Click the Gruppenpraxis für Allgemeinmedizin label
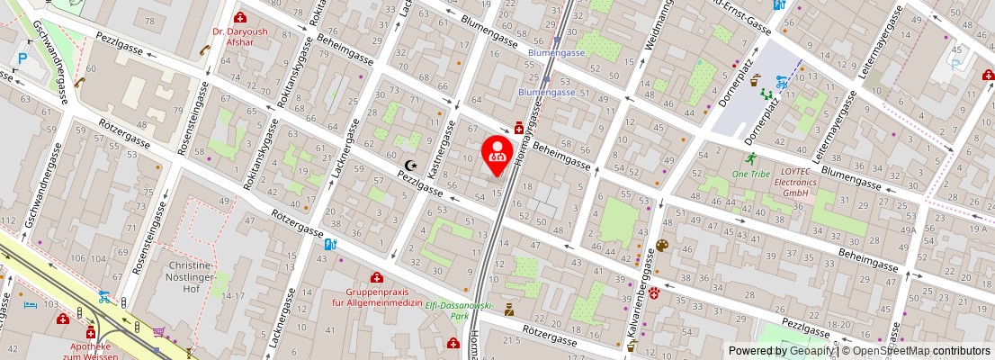(378, 297)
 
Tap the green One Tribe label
(749, 173)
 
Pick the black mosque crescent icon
(411, 166)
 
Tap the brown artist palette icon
(662, 246)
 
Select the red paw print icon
(655, 292)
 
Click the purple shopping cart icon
(160, 332)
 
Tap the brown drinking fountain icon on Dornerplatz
(755, 78)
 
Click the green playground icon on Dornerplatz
(767, 92)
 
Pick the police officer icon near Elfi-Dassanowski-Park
(508, 310)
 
